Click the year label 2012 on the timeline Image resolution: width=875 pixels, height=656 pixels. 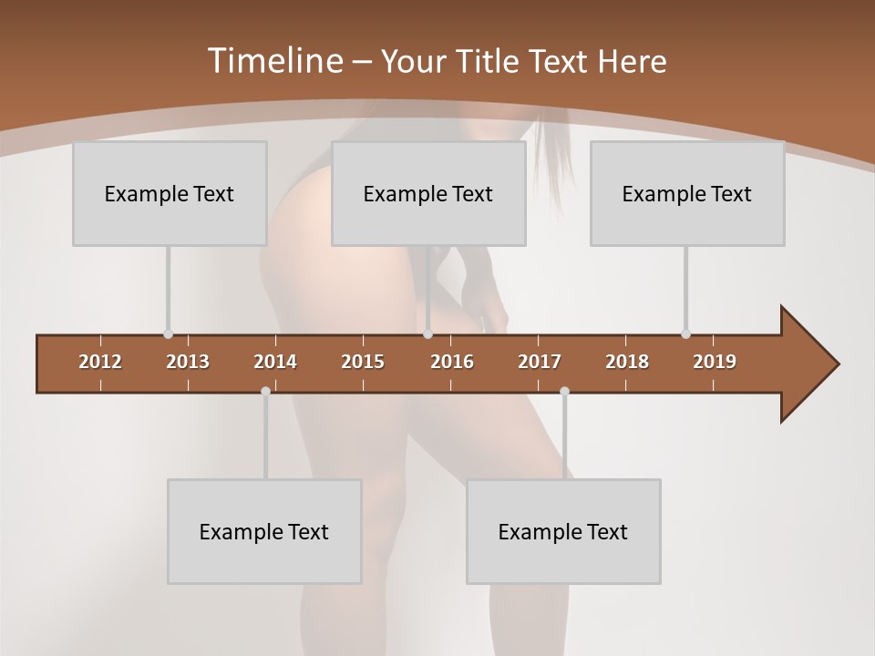click(x=100, y=362)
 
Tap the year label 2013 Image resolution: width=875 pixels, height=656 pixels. click(x=188, y=362)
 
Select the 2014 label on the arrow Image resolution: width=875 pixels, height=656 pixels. click(x=275, y=362)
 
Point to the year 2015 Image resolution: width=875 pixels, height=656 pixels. click(x=363, y=362)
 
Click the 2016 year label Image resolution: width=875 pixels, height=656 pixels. click(x=452, y=362)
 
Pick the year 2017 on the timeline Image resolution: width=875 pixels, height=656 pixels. click(x=540, y=362)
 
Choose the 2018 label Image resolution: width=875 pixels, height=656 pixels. click(x=627, y=362)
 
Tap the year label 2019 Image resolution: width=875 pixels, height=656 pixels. click(x=715, y=362)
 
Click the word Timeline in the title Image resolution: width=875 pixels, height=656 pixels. click(x=274, y=61)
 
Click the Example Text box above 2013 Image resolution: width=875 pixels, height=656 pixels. click(x=170, y=193)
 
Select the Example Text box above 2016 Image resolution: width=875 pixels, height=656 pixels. click(x=428, y=193)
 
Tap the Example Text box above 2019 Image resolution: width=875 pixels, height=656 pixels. click(x=687, y=193)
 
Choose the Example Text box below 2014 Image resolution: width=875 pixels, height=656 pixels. click(x=264, y=531)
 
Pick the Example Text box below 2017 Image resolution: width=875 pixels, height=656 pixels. click(x=563, y=531)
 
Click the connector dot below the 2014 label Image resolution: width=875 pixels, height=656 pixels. click(x=265, y=392)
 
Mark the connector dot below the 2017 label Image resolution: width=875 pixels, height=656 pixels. click(x=564, y=392)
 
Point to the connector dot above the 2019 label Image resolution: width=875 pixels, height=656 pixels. click(x=685, y=334)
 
